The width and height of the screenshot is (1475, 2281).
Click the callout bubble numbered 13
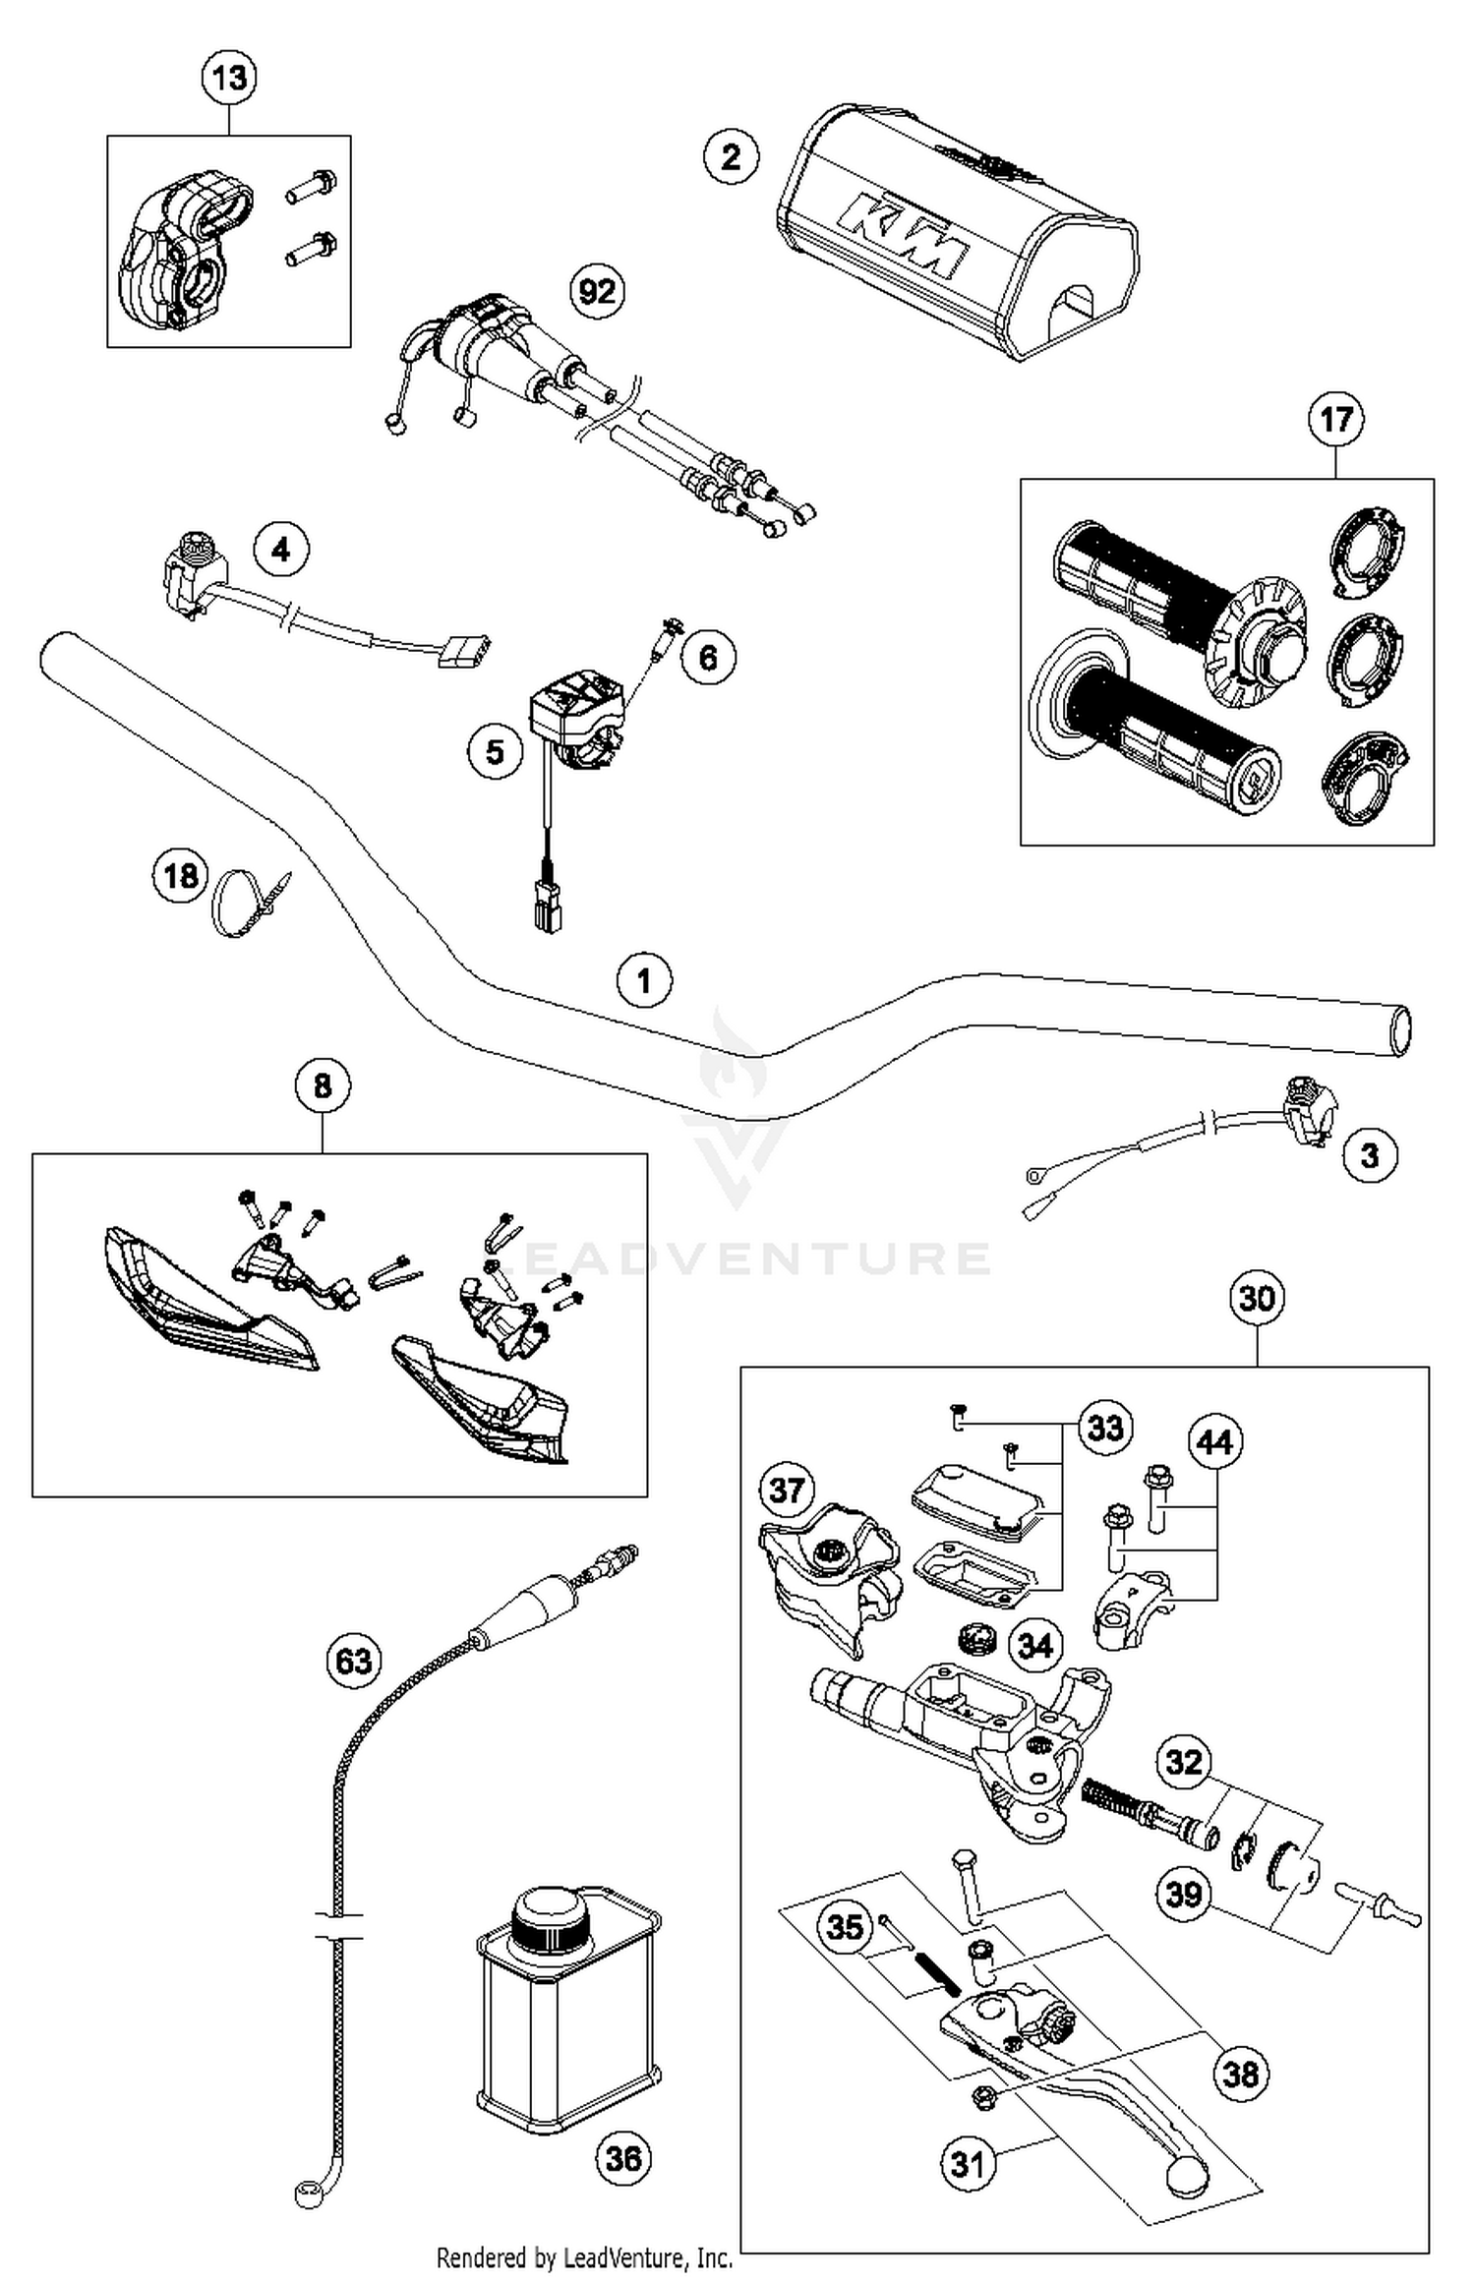pos(229,77)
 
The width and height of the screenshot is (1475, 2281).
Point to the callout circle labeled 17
pos(1335,420)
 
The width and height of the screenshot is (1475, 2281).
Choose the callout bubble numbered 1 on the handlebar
pos(644,980)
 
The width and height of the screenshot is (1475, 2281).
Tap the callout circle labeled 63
pos(354,1661)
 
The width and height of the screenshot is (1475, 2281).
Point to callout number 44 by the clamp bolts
pos(1215,1442)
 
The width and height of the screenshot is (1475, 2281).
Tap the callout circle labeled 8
pos(323,1086)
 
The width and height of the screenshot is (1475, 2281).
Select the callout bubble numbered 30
pos(1257,1298)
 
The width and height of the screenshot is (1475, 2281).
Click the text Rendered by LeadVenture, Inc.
pos(584,2257)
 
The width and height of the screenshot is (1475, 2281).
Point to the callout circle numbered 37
pos(787,1490)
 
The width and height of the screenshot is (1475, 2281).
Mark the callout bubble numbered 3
pos(1370,1155)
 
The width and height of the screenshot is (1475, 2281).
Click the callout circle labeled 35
pos(845,1927)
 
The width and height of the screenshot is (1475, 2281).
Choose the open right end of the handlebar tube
pos(1400,1030)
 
